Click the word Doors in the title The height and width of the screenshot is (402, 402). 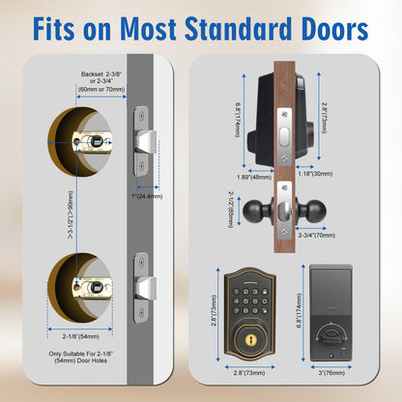(x=335, y=29)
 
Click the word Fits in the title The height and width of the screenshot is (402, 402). (x=53, y=29)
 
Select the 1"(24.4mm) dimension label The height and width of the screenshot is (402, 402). (x=147, y=196)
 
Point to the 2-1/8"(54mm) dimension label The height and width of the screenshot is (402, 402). (x=80, y=336)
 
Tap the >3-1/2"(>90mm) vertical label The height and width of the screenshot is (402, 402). (x=71, y=215)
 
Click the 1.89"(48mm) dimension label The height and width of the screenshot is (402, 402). (x=254, y=177)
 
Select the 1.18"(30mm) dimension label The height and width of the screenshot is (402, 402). (x=315, y=174)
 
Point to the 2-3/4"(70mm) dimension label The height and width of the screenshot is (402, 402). (x=317, y=236)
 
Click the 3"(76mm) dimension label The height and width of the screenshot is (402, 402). (x=331, y=373)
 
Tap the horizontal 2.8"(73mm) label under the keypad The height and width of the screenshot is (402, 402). (x=249, y=373)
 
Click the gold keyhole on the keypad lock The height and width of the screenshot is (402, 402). (x=250, y=339)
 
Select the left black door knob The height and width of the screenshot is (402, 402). (x=254, y=211)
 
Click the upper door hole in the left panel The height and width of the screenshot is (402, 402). (x=80, y=142)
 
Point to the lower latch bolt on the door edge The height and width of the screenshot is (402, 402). (x=147, y=288)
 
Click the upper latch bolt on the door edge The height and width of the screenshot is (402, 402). (x=148, y=142)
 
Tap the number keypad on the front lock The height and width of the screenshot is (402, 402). (x=250, y=301)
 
